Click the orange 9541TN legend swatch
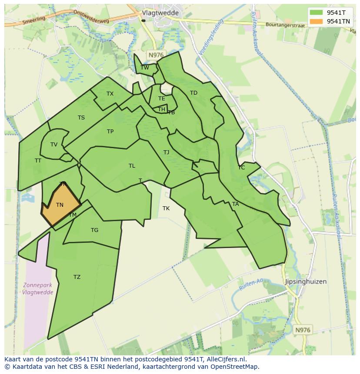click(x=317, y=21)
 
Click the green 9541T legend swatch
click(x=317, y=13)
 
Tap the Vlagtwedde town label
click(x=160, y=13)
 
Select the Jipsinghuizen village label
click(x=306, y=281)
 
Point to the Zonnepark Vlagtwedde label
click(x=38, y=289)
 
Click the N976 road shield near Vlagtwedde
click(x=155, y=55)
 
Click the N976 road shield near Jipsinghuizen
click(x=303, y=330)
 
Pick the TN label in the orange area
click(x=60, y=205)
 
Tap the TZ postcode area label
click(x=77, y=277)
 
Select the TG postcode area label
click(x=94, y=230)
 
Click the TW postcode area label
click(x=145, y=67)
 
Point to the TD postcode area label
click(x=193, y=93)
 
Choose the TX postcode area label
click(x=110, y=94)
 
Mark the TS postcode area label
click(x=81, y=117)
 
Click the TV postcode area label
click(x=54, y=145)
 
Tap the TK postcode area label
click(x=166, y=209)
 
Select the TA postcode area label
click(x=235, y=204)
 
